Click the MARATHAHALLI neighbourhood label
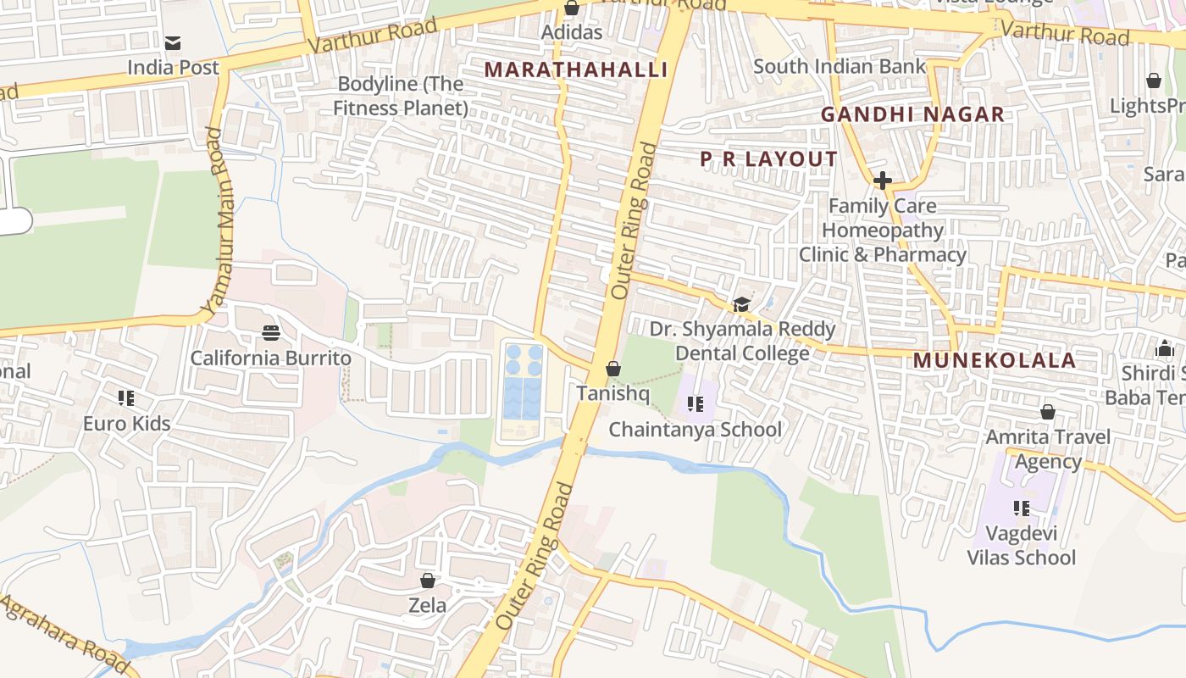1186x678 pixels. coord(576,69)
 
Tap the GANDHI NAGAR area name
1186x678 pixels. coord(912,114)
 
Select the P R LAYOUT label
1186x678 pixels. coord(768,159)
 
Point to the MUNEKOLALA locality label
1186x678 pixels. coord(994,360)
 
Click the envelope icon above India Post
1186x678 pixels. coord(173,42)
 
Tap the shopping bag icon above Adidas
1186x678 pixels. coord(572,8)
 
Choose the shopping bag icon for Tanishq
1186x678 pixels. coord(613,369)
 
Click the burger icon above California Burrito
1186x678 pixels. coord(271,333)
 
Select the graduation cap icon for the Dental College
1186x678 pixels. coord(741,304)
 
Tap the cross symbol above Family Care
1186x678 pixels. coord(882,181)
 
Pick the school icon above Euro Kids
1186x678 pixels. coord(126,398)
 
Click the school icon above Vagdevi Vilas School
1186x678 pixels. coord(1022,508)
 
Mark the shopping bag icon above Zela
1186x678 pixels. coord(428,581)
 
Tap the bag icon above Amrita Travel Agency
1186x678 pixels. coord(1048,412)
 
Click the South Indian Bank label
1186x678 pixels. coord(839,66)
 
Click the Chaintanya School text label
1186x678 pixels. coord(696,430)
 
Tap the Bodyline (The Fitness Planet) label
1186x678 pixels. coord(401,96)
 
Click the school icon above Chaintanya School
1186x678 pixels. coord(696,404)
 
